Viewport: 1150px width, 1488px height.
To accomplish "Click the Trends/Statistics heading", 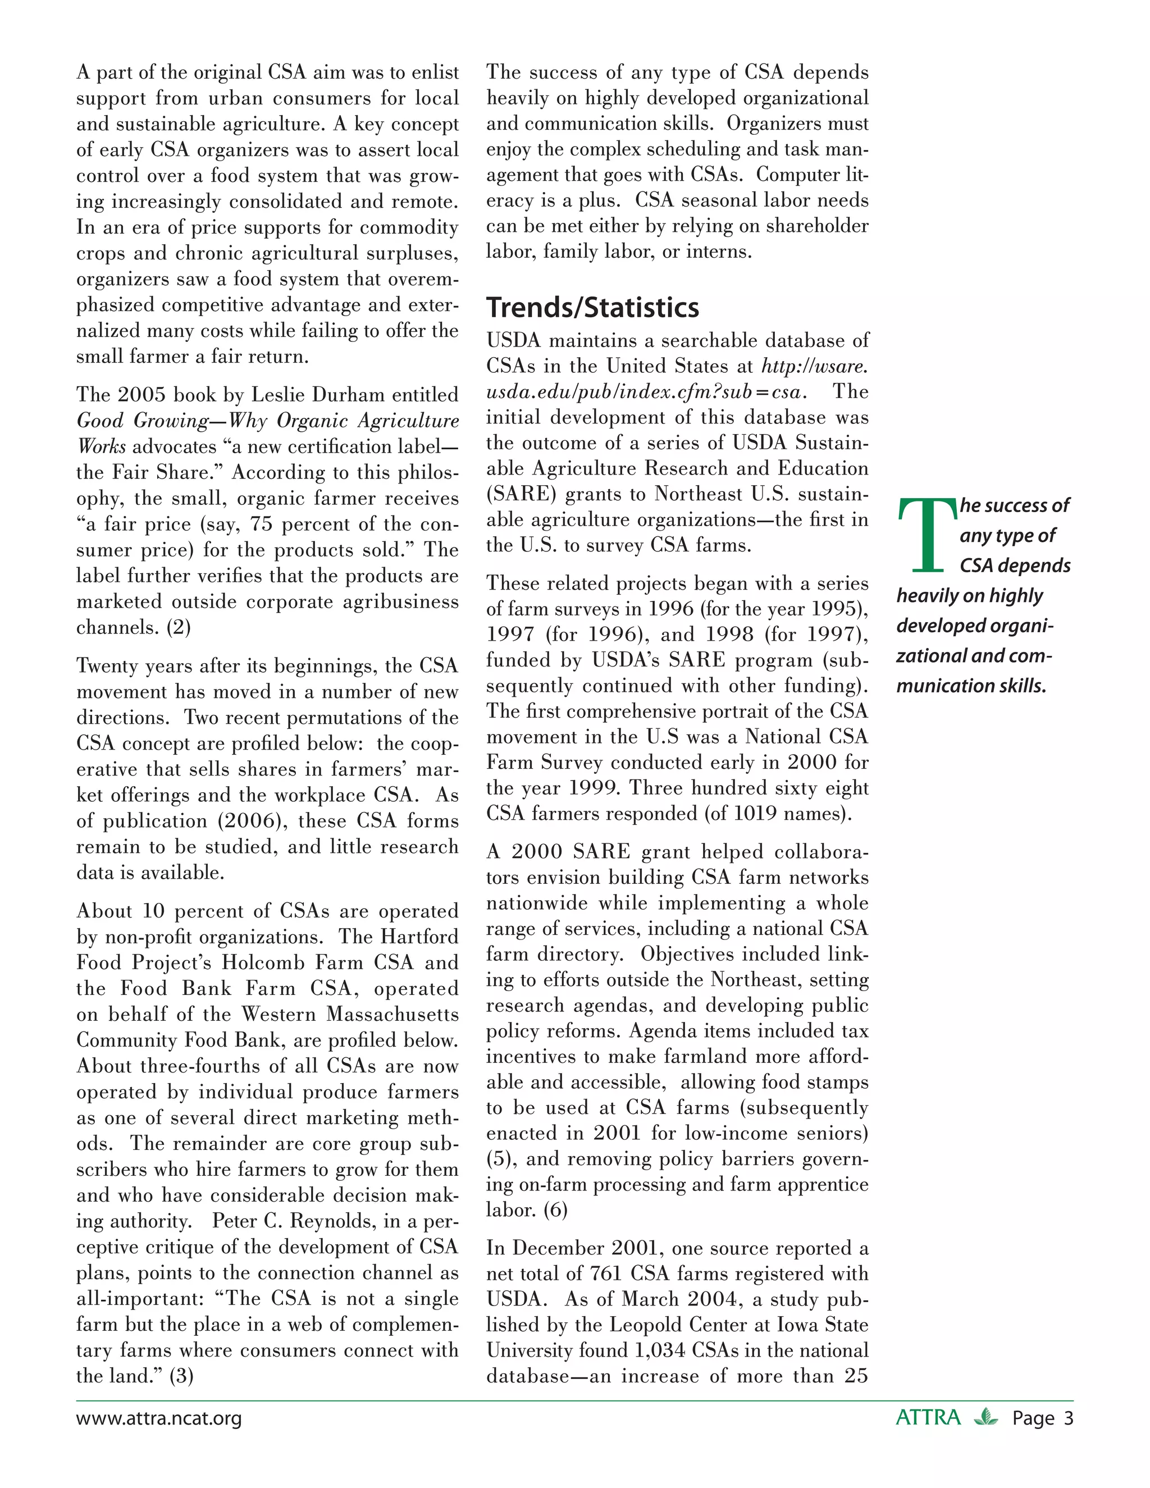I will (x=592, y=308).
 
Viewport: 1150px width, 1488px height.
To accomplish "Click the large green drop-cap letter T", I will (x=927, y=536).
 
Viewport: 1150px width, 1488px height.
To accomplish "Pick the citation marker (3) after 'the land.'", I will (x=181, y=1376).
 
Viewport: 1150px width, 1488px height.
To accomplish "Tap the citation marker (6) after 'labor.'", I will (x=555, y=1209).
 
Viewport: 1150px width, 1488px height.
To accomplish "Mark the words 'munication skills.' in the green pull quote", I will (x=970, y=686).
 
